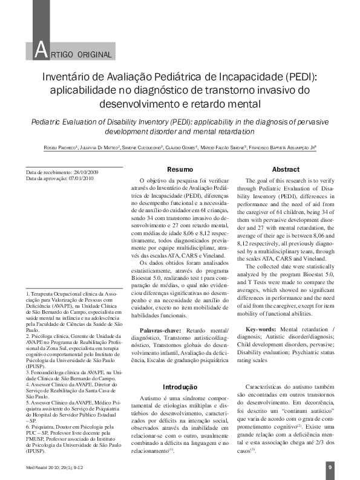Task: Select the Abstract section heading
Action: tap(286, 170)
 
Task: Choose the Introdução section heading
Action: tap(180, 386)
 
